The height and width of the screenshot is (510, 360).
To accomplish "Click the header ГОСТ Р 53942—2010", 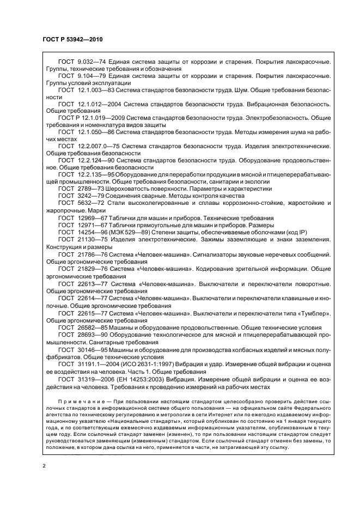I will [x=72, y=40].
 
